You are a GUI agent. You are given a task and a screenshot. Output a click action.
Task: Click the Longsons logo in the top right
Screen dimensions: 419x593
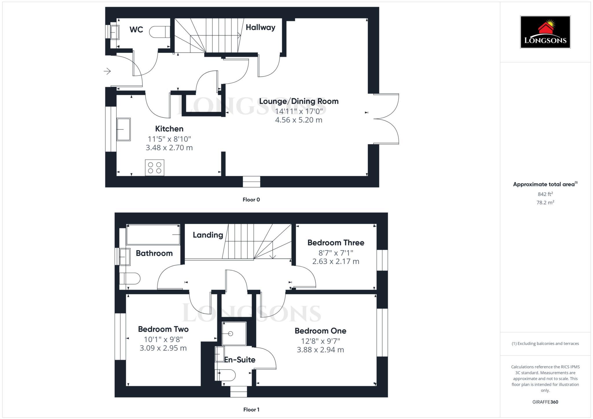[x=545, y=32]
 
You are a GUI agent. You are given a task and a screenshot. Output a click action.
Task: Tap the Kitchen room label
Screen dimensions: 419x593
[x=169, y=129]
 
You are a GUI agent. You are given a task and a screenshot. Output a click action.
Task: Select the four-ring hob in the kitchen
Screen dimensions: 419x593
[x=155, y=168]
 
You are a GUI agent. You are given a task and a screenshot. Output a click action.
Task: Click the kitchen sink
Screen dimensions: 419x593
[x=124, y=129]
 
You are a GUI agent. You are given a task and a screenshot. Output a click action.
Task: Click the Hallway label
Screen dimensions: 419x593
[x=260, y=27]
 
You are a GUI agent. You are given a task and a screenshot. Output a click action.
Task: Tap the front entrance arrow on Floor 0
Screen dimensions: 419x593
[x=107, y=71]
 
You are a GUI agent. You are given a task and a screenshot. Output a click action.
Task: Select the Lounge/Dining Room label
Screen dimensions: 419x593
[x=299, y=101]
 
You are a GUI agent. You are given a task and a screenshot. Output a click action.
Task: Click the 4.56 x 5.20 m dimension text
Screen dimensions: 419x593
[x=299, y=120]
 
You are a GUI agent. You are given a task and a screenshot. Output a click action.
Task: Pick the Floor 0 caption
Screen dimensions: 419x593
[x=251, y=200]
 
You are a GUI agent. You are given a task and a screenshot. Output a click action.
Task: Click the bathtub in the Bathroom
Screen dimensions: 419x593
[x=153, y=235]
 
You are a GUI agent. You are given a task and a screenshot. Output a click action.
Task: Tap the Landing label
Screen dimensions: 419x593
[x=208, y=235]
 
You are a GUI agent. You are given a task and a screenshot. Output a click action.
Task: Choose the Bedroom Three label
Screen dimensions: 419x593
[x=336, y=243]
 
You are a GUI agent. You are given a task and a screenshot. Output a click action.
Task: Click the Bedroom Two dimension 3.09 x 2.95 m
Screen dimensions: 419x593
[x=163, y=348]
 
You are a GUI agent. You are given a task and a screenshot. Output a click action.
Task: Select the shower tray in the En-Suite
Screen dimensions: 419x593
[x=234, y=333]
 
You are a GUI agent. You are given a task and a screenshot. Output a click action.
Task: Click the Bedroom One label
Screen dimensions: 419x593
[x=320, y=331]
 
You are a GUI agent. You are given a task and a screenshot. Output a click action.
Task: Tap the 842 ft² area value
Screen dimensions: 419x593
[x=545, y=194]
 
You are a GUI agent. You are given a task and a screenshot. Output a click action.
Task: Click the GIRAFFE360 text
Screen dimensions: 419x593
[x=545, y=402]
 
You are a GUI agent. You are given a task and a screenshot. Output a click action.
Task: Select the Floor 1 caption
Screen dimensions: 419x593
[x=251, y=409]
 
